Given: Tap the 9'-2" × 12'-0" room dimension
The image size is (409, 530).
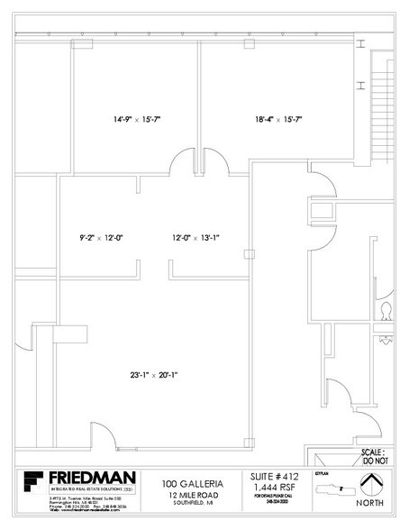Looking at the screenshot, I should click(x=101, y=238).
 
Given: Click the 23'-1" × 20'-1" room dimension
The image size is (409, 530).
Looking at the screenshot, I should click(x=152, y=373).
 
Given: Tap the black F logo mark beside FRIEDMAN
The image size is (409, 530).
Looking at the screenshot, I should click(x=32, y=484).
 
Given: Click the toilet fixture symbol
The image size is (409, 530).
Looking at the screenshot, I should click(x=386, y=311).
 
